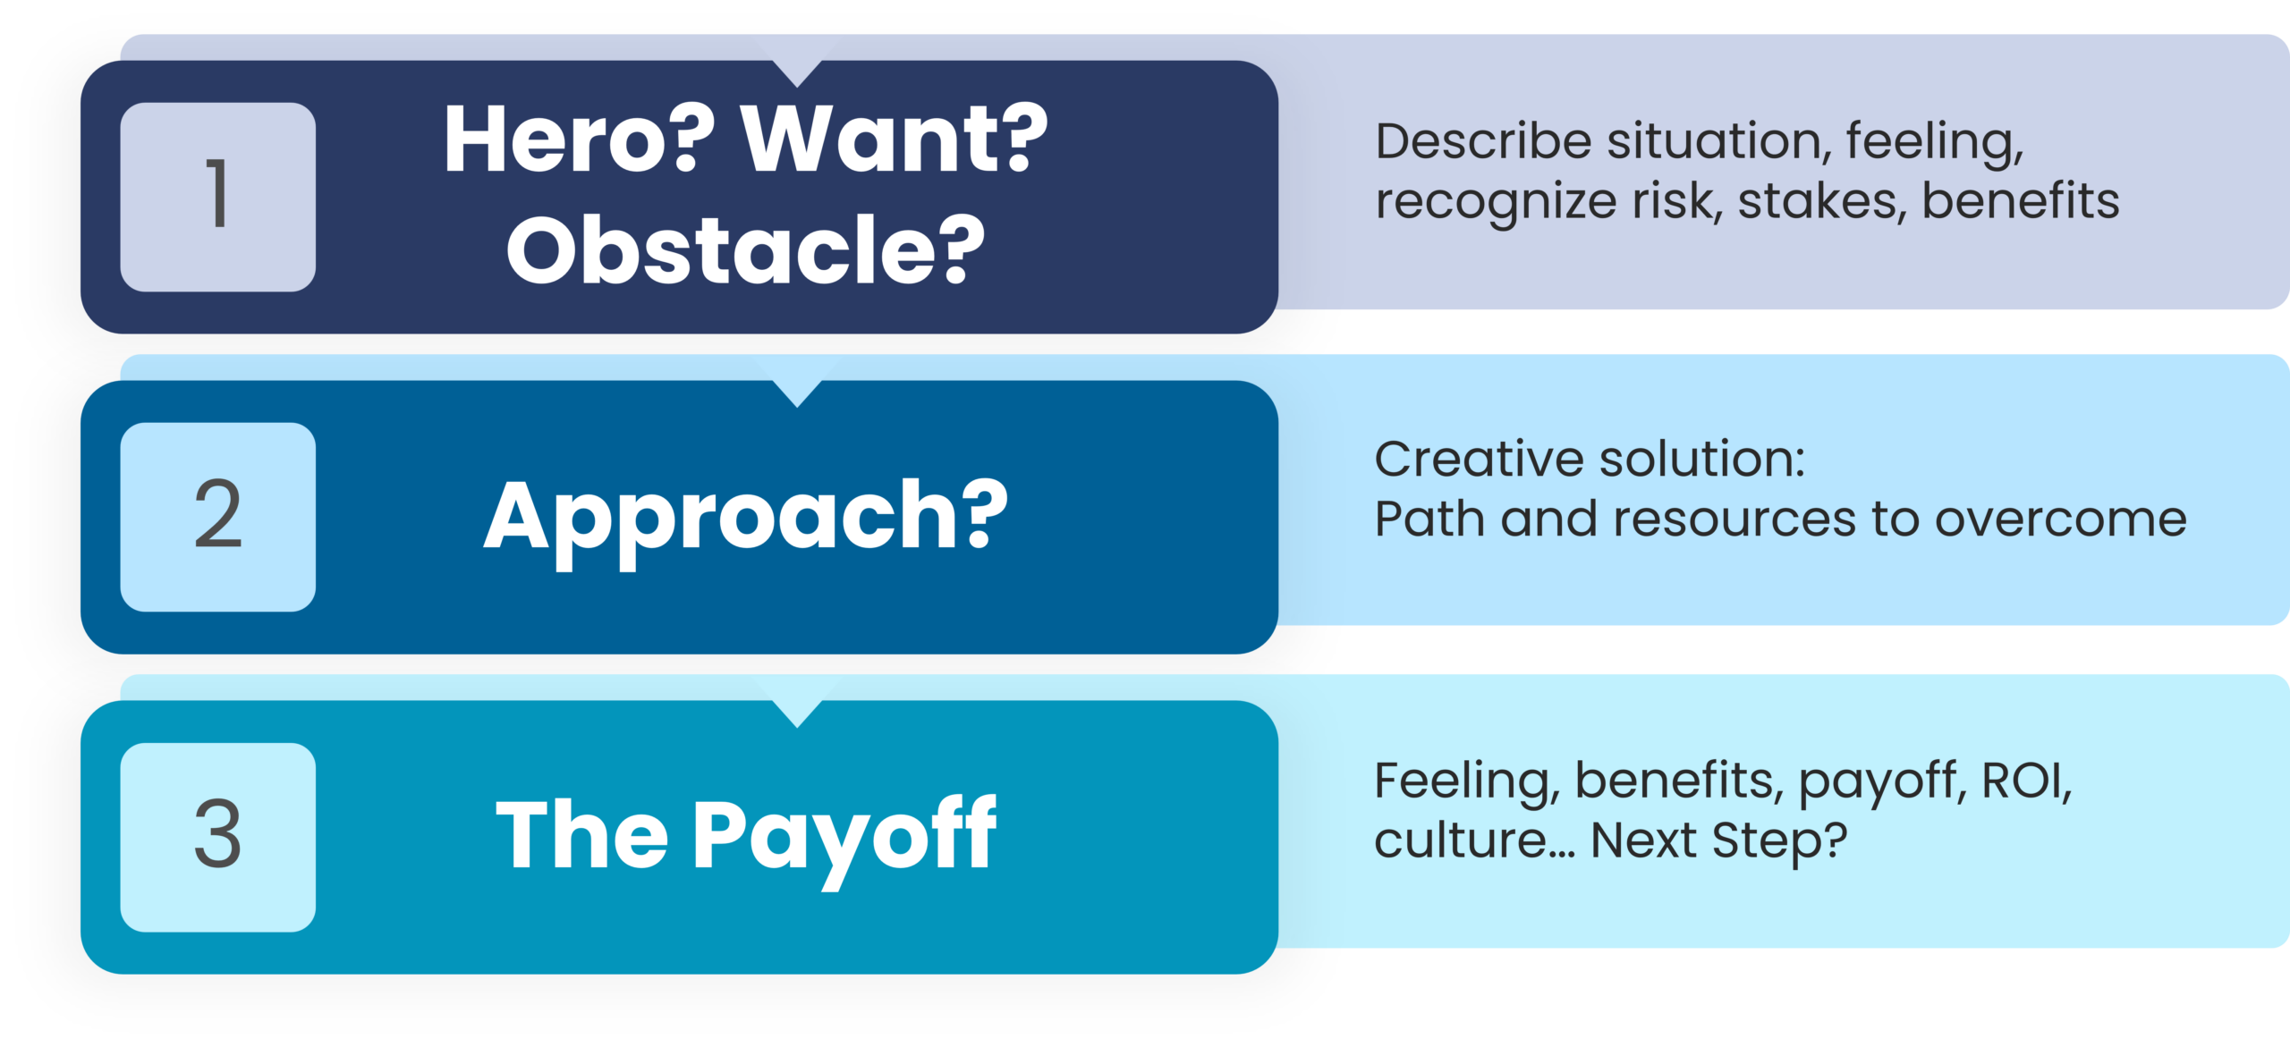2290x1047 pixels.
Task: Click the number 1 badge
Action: [x=217, y=197]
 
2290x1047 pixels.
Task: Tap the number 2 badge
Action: [x=217, y=517]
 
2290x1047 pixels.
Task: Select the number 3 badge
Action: [x=217, y=837]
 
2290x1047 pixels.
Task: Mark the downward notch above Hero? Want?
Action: [x=797, y=73]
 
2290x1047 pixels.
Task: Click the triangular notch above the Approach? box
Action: [x=797, y=393]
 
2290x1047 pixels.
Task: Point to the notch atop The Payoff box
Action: [x=797, y=713]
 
